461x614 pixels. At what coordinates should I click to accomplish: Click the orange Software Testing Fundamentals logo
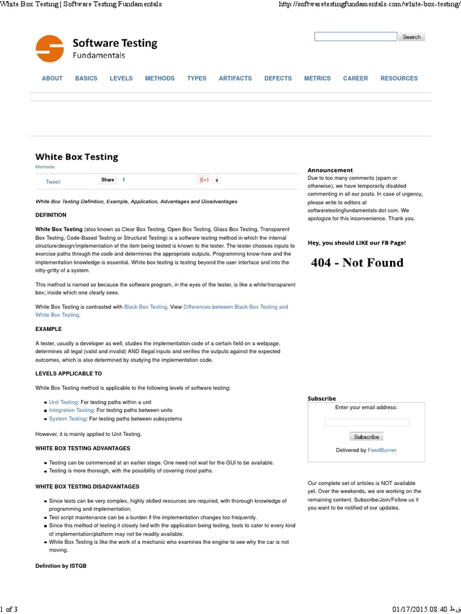(x=49, y=49)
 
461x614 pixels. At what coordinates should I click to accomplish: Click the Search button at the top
(x=411, y=37)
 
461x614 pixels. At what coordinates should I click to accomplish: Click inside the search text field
(x=355, y=37)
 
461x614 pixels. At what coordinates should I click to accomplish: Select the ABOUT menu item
(x=52, y=79)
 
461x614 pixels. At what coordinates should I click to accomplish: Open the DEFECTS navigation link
(x=278, y=79)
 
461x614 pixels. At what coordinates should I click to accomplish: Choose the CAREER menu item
(x=355, y=79)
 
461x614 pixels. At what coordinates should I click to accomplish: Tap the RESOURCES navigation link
(x=399, y=79)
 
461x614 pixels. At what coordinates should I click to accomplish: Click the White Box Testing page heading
(x=77, y=156)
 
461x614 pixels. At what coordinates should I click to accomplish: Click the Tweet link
(x=53, y=182)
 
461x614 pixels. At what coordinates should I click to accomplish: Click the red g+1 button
(x=204, y=180)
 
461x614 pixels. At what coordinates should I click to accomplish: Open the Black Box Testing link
(x=145, y=307)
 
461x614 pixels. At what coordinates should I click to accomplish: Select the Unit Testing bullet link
(x=63, y=402)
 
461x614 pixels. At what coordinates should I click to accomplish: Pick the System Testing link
(x=67, y=419)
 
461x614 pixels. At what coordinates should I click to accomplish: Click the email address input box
(x=366, y=422)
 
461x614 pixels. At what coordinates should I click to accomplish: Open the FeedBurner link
(x=382, y=450)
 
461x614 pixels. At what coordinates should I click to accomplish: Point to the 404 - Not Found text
(x=357, y=263)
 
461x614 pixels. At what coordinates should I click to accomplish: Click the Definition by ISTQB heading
(x=61, y=566)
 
